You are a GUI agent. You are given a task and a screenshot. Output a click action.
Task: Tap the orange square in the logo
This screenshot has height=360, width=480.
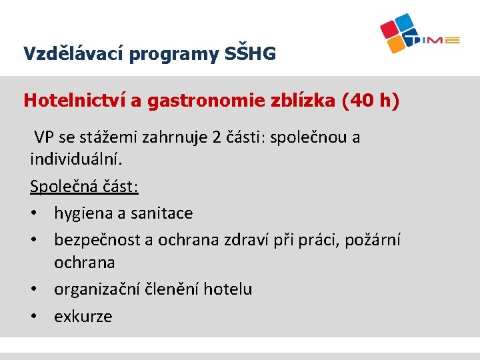[x=397, y=44]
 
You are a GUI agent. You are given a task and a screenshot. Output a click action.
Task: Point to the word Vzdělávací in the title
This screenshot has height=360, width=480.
[x=73, y=54]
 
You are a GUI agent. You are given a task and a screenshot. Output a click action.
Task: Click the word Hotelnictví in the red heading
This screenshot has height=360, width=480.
[x=75, y=101]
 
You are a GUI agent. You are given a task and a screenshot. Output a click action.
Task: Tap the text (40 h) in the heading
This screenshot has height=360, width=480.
[x=370, y=101]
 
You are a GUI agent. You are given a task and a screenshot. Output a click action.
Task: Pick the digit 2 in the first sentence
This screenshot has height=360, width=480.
[x=217, y=138]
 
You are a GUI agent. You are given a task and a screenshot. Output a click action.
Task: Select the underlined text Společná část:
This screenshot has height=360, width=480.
[x=84, y=187]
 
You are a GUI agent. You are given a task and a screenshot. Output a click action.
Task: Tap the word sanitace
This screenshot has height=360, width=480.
[x=161, y=213]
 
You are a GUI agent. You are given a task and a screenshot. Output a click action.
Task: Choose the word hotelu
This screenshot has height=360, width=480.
[x=228, y=289]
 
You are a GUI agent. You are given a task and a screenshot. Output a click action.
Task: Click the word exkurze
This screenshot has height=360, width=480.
[x=83, y=316]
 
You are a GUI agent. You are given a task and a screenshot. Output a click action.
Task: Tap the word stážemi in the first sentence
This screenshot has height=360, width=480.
[x=107, y=138]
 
